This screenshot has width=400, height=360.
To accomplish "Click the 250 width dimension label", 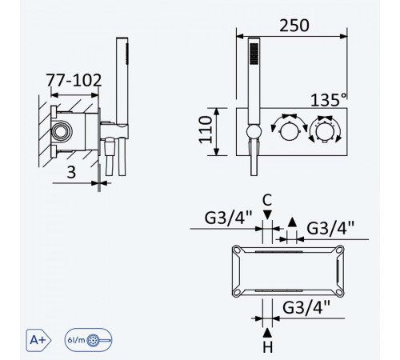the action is [x=294, y=26].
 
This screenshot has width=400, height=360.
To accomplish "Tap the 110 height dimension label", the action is [x=206, y=130].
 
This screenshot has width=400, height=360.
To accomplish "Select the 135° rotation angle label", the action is [x=329, y=100].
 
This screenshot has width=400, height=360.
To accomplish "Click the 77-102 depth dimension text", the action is [x=74, y=80].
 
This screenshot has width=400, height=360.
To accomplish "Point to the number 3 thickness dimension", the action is [x=71, y=172].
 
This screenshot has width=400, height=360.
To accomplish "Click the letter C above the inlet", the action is [x=267, y=200].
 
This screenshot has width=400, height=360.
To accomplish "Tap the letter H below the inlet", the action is [x=268, y=347].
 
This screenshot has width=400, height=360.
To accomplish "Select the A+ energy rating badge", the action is [x=38, y=340].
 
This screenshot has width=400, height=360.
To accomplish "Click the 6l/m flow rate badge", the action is [x=88, y=340].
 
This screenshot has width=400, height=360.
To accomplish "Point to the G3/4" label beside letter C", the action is [x=228, y=218].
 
